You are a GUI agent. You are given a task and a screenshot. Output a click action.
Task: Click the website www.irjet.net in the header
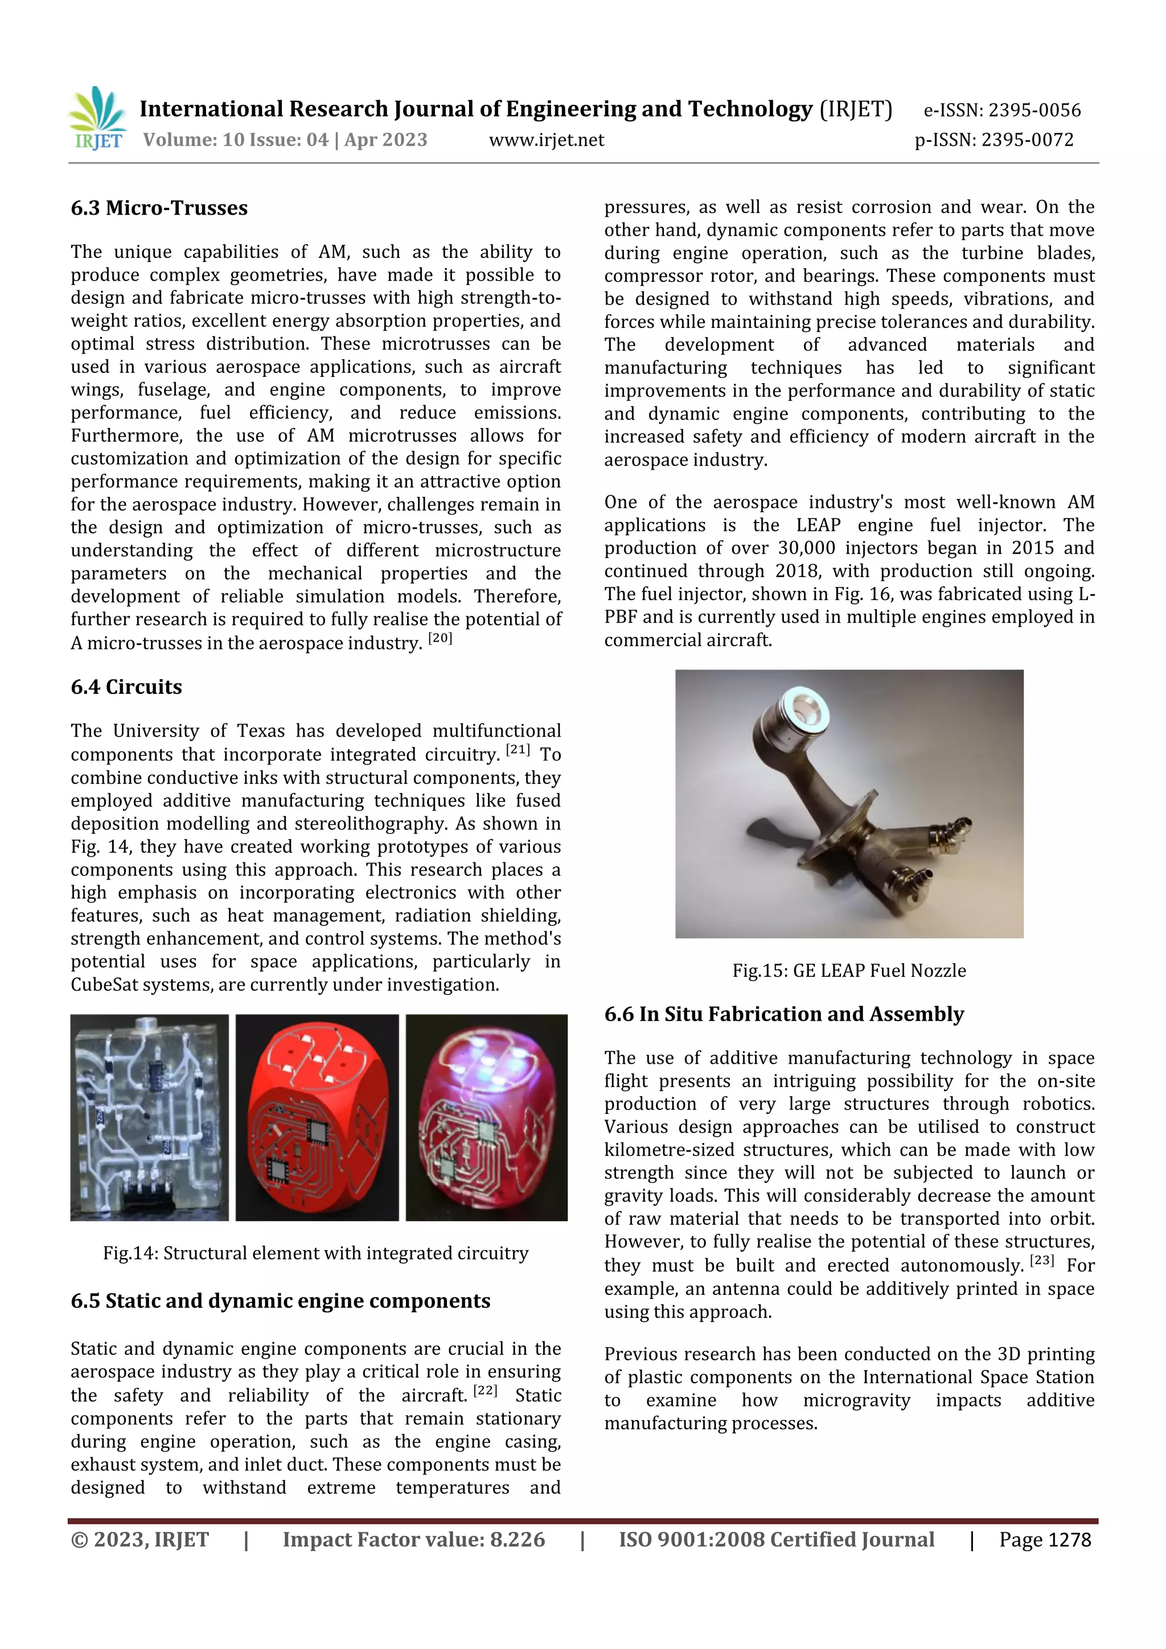pos(546,140)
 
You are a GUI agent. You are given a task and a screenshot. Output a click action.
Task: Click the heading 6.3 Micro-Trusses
pos(159,208)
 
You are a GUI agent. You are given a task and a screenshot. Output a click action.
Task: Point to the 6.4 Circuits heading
pos(126,688)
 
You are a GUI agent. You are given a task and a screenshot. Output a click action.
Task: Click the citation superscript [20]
pos(440,638)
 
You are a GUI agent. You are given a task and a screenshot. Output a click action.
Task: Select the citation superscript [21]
pos(518,750)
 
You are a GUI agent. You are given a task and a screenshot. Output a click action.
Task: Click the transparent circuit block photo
pos(149,1117)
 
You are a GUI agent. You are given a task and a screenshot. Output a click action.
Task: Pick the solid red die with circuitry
pos(317,1117)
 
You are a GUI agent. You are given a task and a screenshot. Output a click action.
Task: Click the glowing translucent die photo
pos(486,1117)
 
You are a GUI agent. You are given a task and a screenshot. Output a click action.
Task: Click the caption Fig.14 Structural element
pos(315,1253)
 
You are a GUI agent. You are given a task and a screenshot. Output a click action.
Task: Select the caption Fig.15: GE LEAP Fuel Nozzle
pos(848,971)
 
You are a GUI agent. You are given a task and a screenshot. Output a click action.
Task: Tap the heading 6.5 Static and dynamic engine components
pos(280,1301)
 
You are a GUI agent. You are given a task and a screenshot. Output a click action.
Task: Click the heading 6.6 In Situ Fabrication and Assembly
pos(784,1014)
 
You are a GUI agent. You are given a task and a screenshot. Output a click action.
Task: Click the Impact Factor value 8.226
pos(516,1540)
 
